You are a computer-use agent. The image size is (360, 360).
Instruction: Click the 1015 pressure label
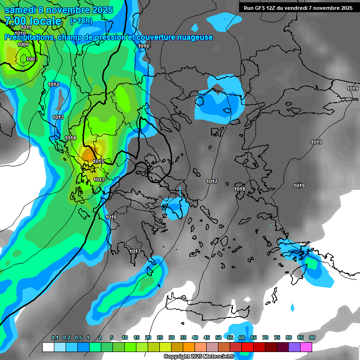tap(98, 161)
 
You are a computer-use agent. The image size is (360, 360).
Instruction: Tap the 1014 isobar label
tap(71, 138)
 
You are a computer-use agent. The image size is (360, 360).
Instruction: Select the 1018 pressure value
tap(240, 189)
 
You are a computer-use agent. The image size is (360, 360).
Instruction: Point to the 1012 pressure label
tap(53, 84)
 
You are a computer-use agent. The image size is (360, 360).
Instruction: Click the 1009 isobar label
tap(22, 45)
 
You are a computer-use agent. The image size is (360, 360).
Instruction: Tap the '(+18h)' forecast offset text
tap(81, 21)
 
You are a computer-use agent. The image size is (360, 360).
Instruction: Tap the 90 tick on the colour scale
tap(312, 338)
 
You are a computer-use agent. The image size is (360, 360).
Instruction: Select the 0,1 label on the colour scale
tap(54, 338)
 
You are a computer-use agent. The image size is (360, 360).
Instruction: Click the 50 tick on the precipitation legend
tap(218, 338)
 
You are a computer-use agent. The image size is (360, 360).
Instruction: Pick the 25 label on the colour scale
tap(160, 338)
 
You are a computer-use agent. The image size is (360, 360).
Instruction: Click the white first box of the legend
tap(48, 347)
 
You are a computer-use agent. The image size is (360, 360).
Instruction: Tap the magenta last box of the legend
tap(306, 347)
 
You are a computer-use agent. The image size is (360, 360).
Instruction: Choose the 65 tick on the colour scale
tap(254, 338)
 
